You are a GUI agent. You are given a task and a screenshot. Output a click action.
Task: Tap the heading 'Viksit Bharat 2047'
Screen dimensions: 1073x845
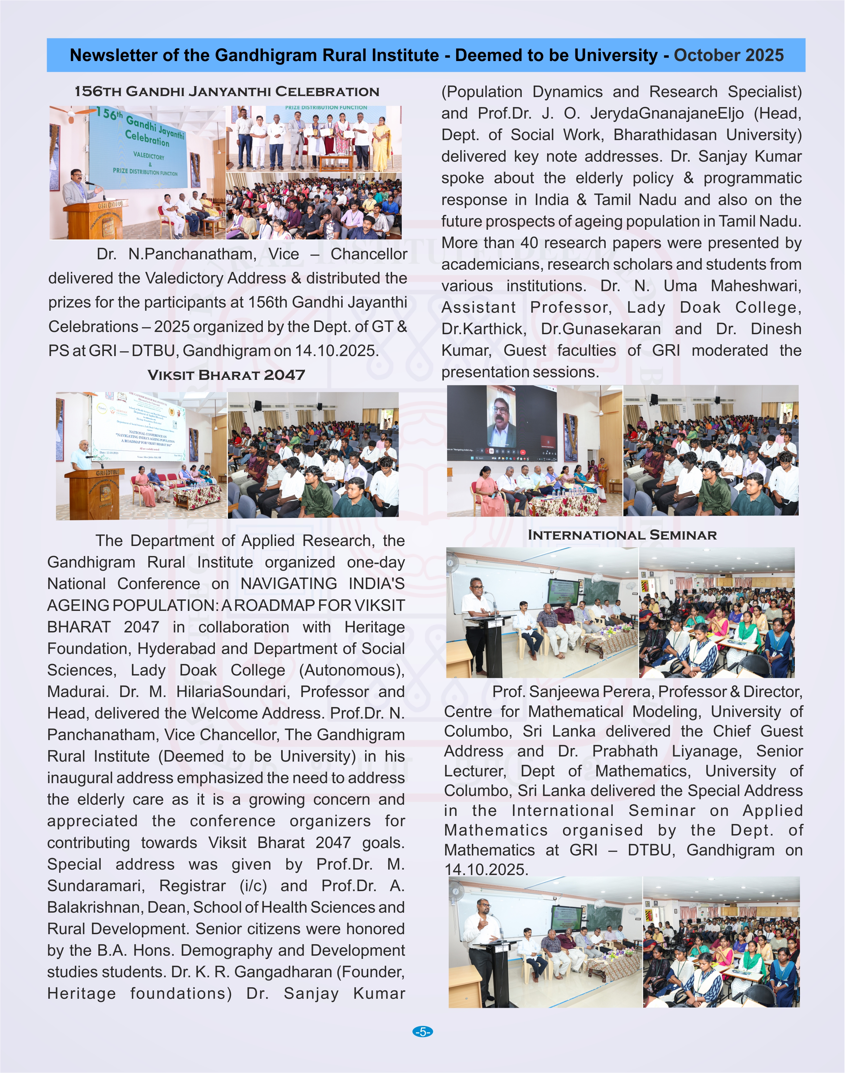point(226,375)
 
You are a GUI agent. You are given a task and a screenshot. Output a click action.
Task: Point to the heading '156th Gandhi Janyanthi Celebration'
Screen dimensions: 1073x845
point(226,92)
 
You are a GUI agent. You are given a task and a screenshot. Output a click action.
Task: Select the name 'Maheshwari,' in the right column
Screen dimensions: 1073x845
point(756,286)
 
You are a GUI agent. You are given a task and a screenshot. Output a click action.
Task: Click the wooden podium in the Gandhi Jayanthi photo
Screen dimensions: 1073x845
point(93,219)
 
